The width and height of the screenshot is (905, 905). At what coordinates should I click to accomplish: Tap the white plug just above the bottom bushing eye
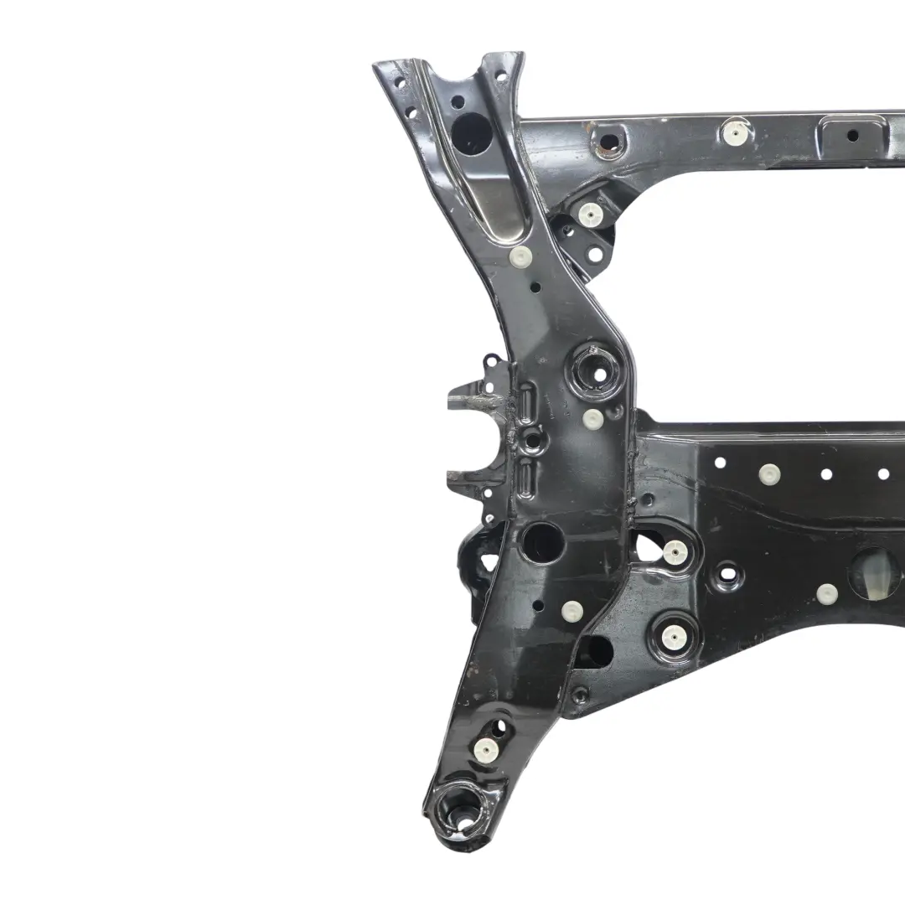coord(484,749)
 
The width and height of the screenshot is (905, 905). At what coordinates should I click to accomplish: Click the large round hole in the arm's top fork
coord(470,133)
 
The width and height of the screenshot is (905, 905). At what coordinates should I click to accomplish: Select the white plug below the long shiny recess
coord(520,256)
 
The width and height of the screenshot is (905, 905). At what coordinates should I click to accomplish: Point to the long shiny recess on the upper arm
coord(494,198)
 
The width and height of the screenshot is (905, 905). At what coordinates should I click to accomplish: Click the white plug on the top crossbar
coord(736,131)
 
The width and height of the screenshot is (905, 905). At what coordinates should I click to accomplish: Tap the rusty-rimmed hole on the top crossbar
coord(607,142)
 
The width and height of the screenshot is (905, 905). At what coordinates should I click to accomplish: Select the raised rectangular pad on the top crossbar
coord(851,134)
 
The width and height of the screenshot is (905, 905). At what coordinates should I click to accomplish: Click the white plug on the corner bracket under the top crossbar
coord(590,215)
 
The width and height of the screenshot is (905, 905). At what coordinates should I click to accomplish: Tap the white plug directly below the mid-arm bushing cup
coord(592,419)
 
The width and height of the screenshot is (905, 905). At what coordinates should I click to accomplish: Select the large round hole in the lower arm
coord(542,542)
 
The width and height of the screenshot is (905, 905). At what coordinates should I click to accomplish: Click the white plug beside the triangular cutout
coord(675,551)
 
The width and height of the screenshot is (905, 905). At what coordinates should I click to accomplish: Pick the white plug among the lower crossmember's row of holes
coord(769,473)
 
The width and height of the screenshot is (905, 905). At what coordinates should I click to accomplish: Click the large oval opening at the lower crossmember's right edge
coord(876,574)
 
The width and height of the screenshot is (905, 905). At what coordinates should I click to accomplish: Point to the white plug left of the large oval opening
coord(826,593)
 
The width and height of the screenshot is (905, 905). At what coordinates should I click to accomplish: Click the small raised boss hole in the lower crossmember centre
coord(727,576)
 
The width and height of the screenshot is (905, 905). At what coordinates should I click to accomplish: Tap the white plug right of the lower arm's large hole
coord(572,610)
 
